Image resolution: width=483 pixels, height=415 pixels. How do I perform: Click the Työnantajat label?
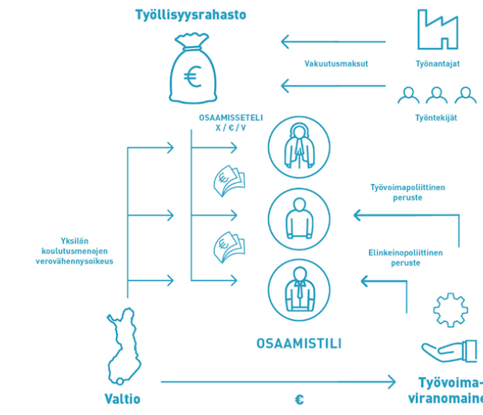[438, 63]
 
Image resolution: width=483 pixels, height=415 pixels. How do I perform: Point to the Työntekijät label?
[438, 117]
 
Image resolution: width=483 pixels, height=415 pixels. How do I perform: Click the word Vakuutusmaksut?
[336, 63]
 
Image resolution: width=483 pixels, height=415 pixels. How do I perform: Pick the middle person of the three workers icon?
[438, 94]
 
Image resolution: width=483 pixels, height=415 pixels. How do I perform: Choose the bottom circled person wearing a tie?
[298, 289]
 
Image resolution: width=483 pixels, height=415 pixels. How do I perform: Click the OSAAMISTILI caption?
[298, 344]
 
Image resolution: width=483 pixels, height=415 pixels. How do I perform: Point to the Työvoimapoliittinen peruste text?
[407, 192]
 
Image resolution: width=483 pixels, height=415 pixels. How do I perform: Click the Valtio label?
[123, 399]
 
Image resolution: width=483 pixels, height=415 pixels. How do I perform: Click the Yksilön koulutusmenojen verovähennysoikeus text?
[76, 251]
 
